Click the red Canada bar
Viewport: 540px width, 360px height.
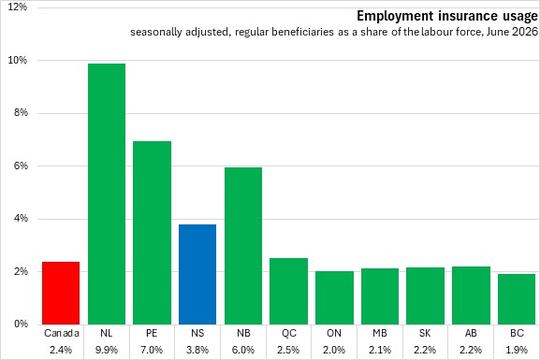(61, 293)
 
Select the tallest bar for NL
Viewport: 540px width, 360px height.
(107, 194)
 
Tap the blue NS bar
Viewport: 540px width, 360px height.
(197, 274)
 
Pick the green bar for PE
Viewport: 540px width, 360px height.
(153, 233)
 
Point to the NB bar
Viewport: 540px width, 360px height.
(243, 246)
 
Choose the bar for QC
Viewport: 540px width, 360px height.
(288, 291)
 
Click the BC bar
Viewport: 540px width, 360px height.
(517, 299)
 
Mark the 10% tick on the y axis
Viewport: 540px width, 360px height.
(18, 61)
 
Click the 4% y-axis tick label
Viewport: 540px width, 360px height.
(21, 219)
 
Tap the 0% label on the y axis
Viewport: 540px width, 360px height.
(21, 324)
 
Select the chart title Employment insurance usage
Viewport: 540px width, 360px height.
(447, 16)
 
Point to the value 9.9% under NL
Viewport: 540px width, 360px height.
(107, 350)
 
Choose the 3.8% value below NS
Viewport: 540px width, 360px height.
(197, 350)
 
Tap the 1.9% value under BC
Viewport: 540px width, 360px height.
(517, 350)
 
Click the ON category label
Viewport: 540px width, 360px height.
(334, 333)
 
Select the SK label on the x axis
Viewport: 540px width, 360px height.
(425, 333)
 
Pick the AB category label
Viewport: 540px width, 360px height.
(471, 333)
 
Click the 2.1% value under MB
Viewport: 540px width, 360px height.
(380, 350)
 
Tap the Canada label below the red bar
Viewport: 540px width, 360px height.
(62, 333)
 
